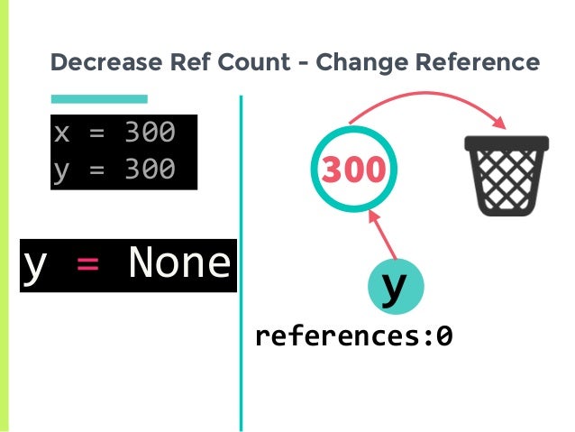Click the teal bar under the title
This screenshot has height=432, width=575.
(99, 98)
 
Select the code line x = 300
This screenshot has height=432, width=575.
(114, 133)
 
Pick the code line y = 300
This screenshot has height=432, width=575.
(114, 169)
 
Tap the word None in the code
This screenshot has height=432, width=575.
(180, 263)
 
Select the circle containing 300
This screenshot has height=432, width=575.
(353, 169)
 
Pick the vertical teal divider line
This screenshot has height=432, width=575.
(241, 262)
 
